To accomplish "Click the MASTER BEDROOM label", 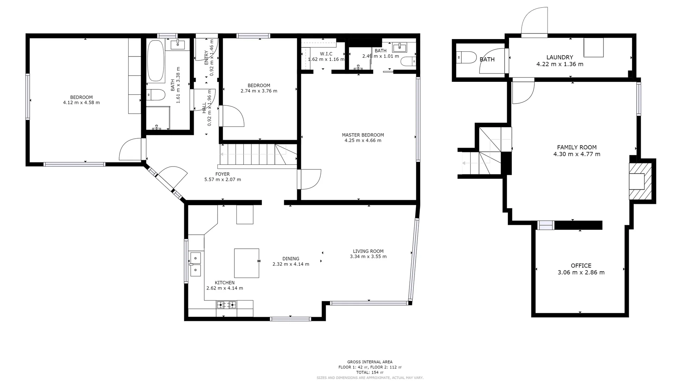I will coord(363,135).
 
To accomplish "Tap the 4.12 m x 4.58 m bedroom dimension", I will coord(81,103).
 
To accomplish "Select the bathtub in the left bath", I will coord(156,60).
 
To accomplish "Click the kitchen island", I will coord(247,263).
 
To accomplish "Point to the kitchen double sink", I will coord(195,264).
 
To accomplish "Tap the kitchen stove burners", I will coord(226,305).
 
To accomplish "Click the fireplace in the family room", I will coord(640,181).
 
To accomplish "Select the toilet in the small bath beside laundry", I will coord(467,57).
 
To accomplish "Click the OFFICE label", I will coord(581,266).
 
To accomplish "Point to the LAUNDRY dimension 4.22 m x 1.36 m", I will coord(560,64).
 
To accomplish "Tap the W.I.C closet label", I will coord(326,54).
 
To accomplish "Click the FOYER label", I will coord(222,174).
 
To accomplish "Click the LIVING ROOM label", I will coord(368,251).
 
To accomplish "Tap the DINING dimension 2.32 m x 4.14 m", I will coord(291,264).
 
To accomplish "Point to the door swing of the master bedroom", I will coord(310,180).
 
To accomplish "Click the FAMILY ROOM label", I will coord(577,147).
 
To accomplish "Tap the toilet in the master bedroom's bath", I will coord(409,61).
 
